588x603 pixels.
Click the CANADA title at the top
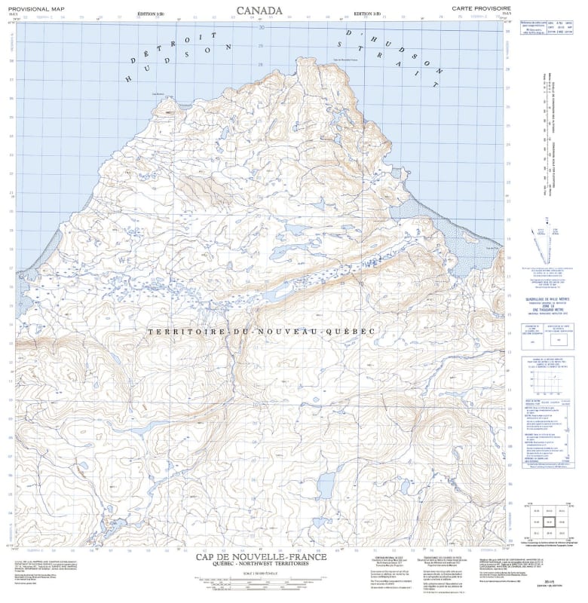[259, 10]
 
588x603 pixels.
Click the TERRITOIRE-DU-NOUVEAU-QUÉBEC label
[261, 332]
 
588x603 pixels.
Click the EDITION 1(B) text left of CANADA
[153, 14]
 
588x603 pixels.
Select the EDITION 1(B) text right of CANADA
[372, 14]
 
